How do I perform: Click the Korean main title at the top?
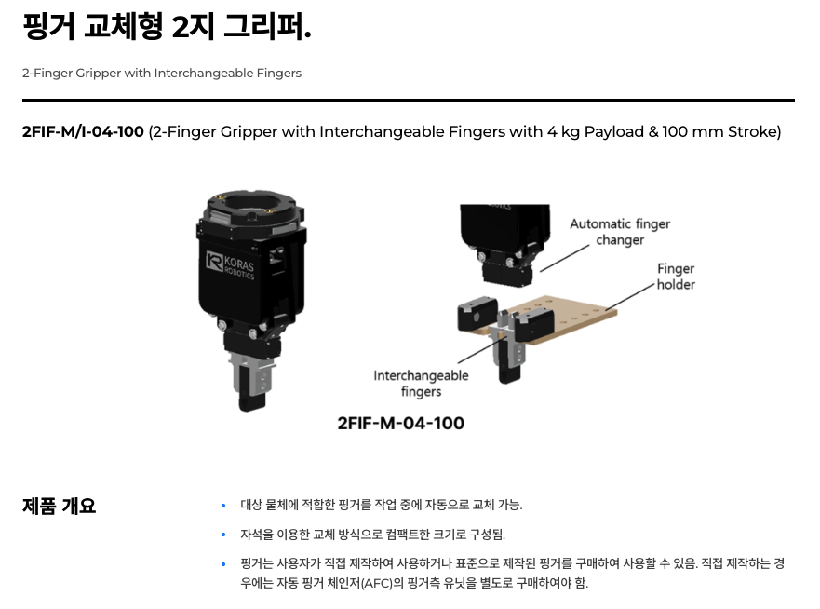click(167, 27)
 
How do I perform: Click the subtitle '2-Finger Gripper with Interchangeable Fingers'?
click(162, 73)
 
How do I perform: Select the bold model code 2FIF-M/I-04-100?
click(83, 131)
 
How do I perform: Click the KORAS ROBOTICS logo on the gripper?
click(230, 265)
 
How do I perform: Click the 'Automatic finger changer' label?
click(620, 232)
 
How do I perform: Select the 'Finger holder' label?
click(676, 277)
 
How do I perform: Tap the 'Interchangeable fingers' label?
click(421, 384)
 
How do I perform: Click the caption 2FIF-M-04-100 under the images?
click(400, 423)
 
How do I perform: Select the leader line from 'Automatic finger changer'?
click(565, 258)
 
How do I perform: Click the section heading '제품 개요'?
click(59, 506)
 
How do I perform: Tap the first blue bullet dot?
click(223, 506)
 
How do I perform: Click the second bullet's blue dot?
click(223, 535)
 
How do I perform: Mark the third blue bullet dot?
click(223, 564)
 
